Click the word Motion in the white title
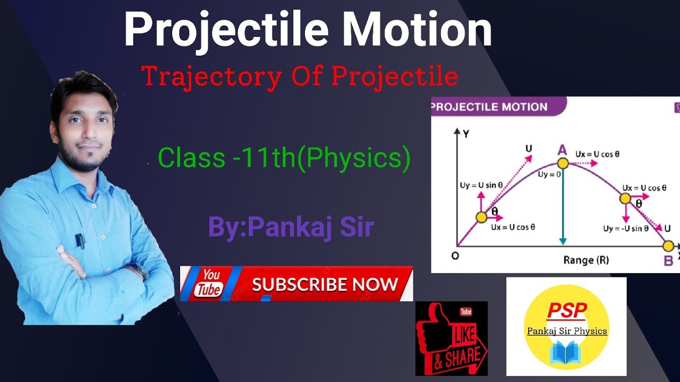click(416, 30)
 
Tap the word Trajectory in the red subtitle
click(211, 77)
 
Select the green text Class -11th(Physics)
click(284, 158)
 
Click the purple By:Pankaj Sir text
click(291, 227)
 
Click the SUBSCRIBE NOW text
click(325, 284)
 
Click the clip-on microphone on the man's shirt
click(80, 241)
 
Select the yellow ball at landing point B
click(668, 246)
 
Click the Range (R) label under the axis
click(586, 260)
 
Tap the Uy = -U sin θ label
click(625, 229)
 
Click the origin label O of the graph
click(455, 256)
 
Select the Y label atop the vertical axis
click(465, 134)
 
